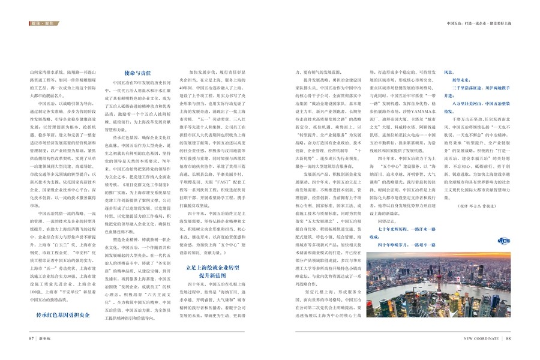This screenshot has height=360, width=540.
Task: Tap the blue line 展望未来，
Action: [462, 79]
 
